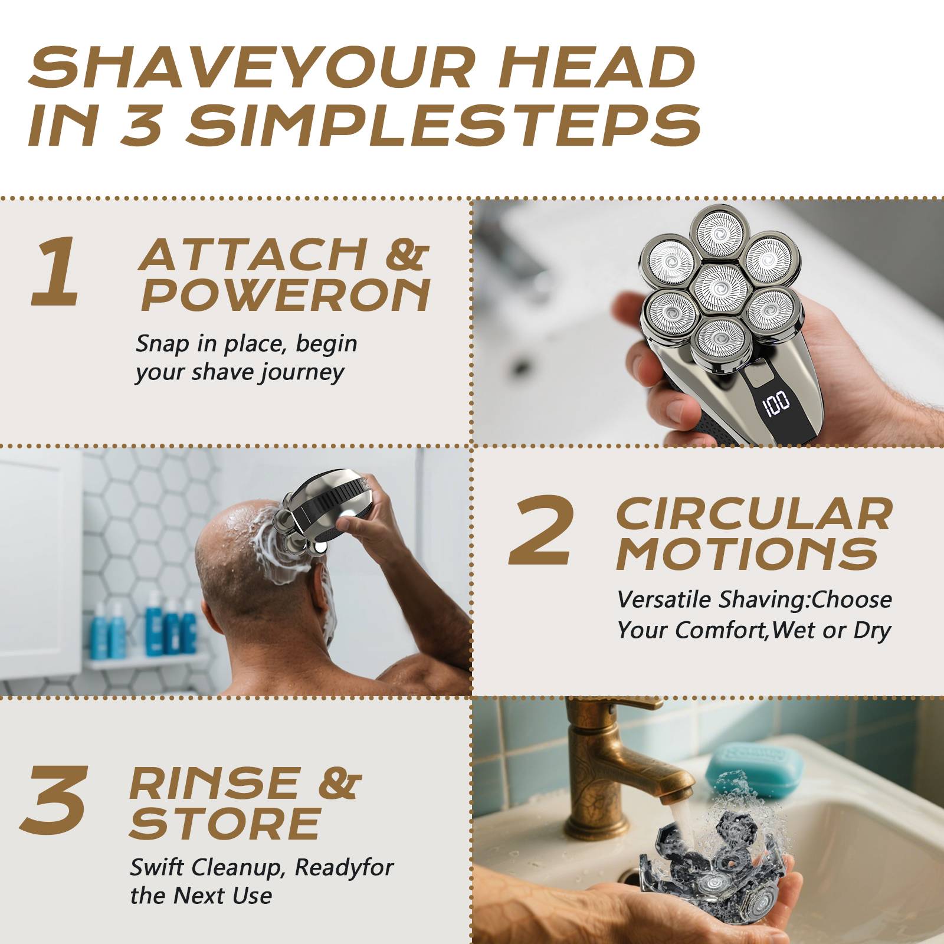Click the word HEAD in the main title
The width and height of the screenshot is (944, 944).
pyautogui.click(x=597, y=67)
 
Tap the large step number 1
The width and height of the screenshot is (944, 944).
pyautogui.click(x=56, y=271)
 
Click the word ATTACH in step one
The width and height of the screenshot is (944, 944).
pyautogui.click(x=254, y=255)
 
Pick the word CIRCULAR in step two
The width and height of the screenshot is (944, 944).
pyautogui.click(x=755, y=514)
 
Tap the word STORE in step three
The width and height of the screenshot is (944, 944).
pyautogui.click(x=225, y=824)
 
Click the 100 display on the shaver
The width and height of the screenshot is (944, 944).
pyautogui.click(x=776, y=404)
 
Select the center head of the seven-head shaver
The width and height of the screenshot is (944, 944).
pyautogui.click(x=721, y=288)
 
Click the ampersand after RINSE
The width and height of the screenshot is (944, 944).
pyautogui.click(x=340, y=784)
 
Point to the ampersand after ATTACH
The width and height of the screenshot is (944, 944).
pyautogui.click(x=407, y=255)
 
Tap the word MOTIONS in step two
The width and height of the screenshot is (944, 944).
pyautogui.click(x=747, y=555)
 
